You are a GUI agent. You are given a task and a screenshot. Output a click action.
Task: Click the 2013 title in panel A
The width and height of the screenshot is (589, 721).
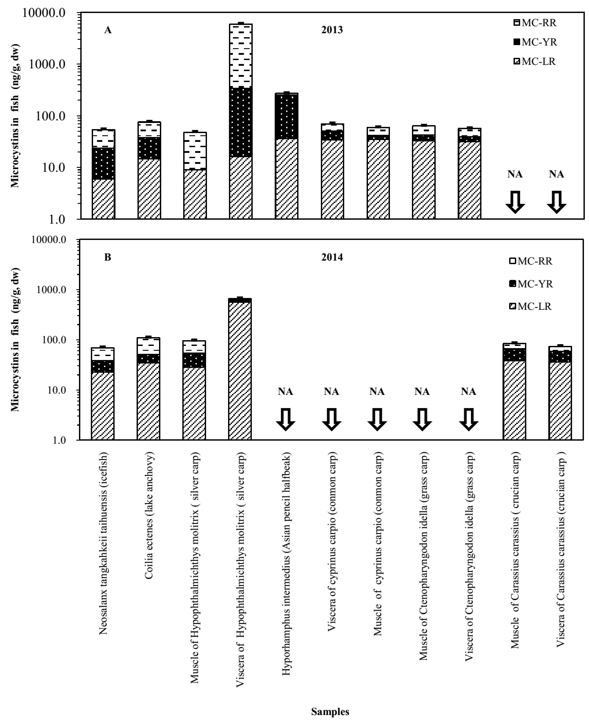coord(332,30)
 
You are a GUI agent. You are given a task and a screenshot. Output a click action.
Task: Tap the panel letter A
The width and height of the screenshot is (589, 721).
coord(107,30)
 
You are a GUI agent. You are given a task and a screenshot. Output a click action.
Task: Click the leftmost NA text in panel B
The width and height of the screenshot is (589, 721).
coord(285,392)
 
